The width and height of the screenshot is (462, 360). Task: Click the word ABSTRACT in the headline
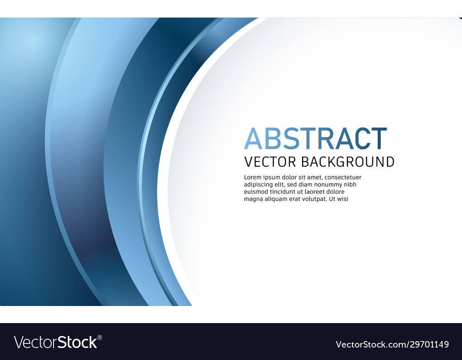coord(315,138)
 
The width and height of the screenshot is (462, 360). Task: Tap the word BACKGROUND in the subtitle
coord(348,162)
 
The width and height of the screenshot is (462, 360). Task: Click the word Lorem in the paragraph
coord(253,177)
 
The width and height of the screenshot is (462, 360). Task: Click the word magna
coord(253,199)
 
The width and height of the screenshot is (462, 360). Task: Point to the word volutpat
coord(314,199)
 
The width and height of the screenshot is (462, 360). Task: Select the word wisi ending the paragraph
coord(342,199)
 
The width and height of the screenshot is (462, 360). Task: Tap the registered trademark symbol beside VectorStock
coord(100,337)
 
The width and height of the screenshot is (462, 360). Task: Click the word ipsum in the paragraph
coord(273,178)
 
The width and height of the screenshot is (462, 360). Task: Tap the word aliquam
coord(278,199)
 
